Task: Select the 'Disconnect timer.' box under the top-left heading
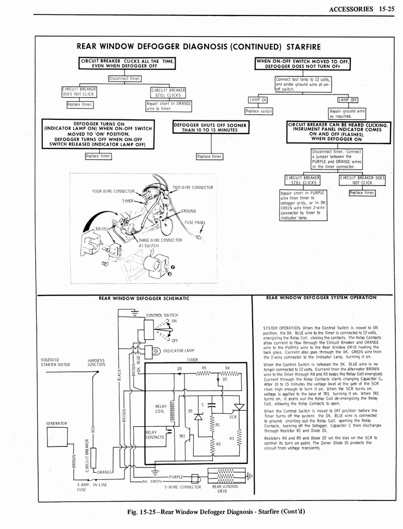tap(125, 79)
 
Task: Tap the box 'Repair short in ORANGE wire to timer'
tap(169, 106)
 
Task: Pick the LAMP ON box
tap(258, 100)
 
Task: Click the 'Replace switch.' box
tap(259, 111)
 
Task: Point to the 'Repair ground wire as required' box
tap(347, 114)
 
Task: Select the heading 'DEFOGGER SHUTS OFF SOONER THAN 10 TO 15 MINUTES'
tap(211, 127)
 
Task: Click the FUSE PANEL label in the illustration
tap(195, 223)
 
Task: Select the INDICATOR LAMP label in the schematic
tap(178, 351)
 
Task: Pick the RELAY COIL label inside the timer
tap(160, 409)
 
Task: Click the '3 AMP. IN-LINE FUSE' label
tap(84, 488)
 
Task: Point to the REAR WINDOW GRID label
tap(225, 488)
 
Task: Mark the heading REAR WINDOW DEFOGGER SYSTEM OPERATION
tap(321, 298)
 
